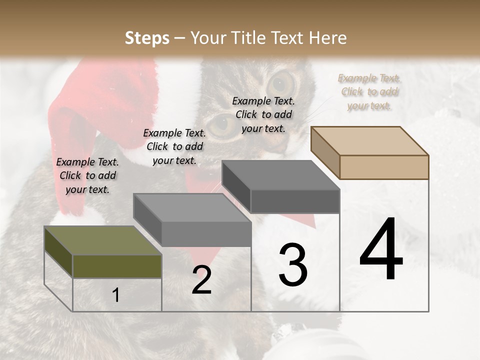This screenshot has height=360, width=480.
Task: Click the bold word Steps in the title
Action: point(147,38)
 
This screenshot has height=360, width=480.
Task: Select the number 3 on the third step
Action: point(293,264)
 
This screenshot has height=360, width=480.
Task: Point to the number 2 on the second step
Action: point(201,280)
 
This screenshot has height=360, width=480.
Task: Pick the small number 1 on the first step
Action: point(116,295)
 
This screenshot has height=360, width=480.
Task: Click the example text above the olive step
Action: point(87,175)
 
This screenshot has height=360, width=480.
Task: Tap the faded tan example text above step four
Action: point(369,91)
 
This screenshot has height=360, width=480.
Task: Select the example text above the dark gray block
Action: point(263,114)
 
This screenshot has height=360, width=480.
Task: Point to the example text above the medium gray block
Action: point(174,146)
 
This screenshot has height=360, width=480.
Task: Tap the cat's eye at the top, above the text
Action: point(282,80)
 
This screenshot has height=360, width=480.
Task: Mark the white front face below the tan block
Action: point(384,245)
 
